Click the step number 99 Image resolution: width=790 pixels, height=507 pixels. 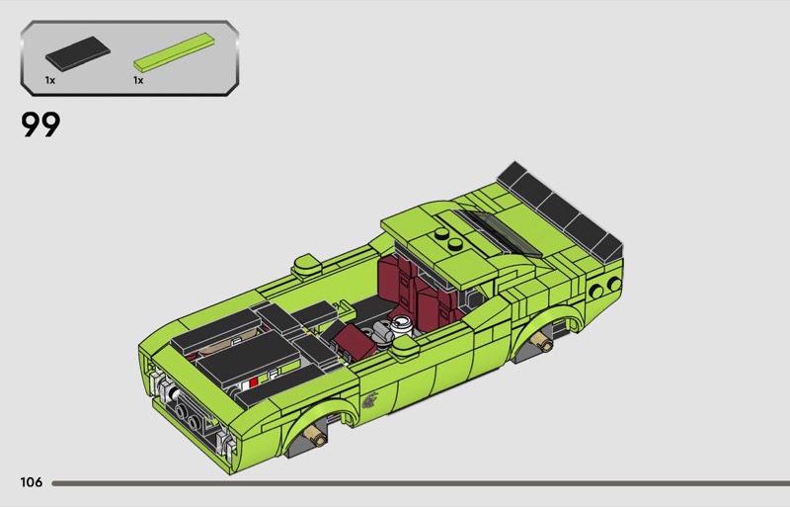40,125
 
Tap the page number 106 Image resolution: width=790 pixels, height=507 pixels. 32,482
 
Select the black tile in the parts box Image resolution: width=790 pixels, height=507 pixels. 78,53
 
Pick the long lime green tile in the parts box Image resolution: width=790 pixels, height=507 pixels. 175,51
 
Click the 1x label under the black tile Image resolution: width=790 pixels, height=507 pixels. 50,80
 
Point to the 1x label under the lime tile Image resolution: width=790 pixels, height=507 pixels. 138,80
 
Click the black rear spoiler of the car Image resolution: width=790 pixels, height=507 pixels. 560,210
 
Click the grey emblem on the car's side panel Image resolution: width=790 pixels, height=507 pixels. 369,399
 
